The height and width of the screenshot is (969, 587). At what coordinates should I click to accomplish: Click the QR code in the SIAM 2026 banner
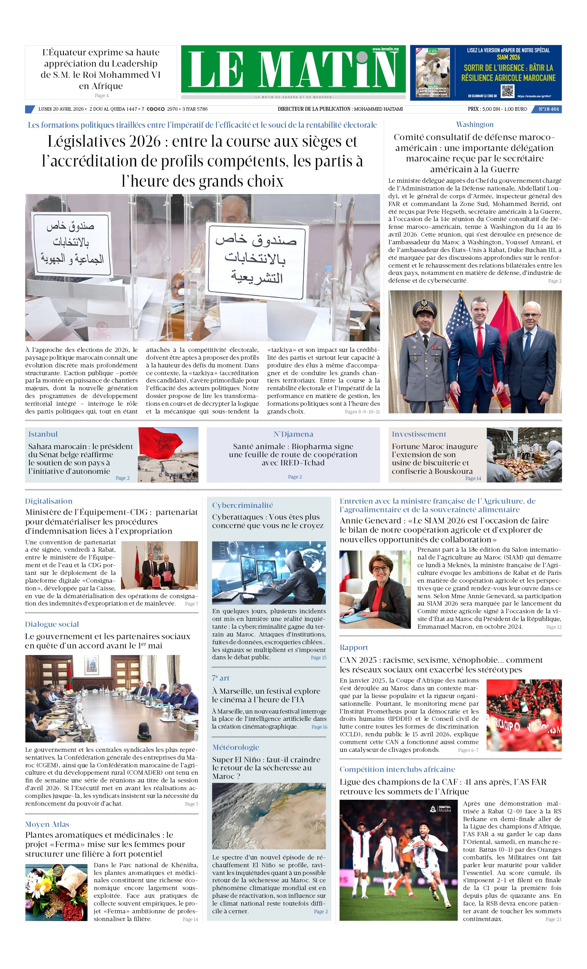507,91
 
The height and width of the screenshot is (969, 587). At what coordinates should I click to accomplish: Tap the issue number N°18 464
548,109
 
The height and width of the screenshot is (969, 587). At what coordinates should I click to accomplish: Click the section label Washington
474,124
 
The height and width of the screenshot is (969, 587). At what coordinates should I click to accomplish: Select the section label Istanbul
43,434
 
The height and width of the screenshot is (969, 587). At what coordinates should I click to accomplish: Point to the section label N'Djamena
293,434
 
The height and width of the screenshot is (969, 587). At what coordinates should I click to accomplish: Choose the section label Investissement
419,434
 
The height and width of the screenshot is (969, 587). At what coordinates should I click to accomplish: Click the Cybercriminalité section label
242,505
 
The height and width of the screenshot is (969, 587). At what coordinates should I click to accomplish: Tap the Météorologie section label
235,747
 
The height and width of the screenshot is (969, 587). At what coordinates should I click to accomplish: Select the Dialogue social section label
52,624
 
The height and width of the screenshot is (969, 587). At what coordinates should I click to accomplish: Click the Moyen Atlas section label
47,824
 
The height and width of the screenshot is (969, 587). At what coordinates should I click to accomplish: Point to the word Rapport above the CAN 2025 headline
353,647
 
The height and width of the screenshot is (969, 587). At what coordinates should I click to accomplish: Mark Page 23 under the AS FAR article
553,919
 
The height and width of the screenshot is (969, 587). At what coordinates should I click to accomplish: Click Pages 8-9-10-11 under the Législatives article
362,412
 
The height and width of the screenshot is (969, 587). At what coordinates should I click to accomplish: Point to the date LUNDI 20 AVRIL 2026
61,109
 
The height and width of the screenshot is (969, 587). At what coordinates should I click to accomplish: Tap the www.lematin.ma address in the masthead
385,49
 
